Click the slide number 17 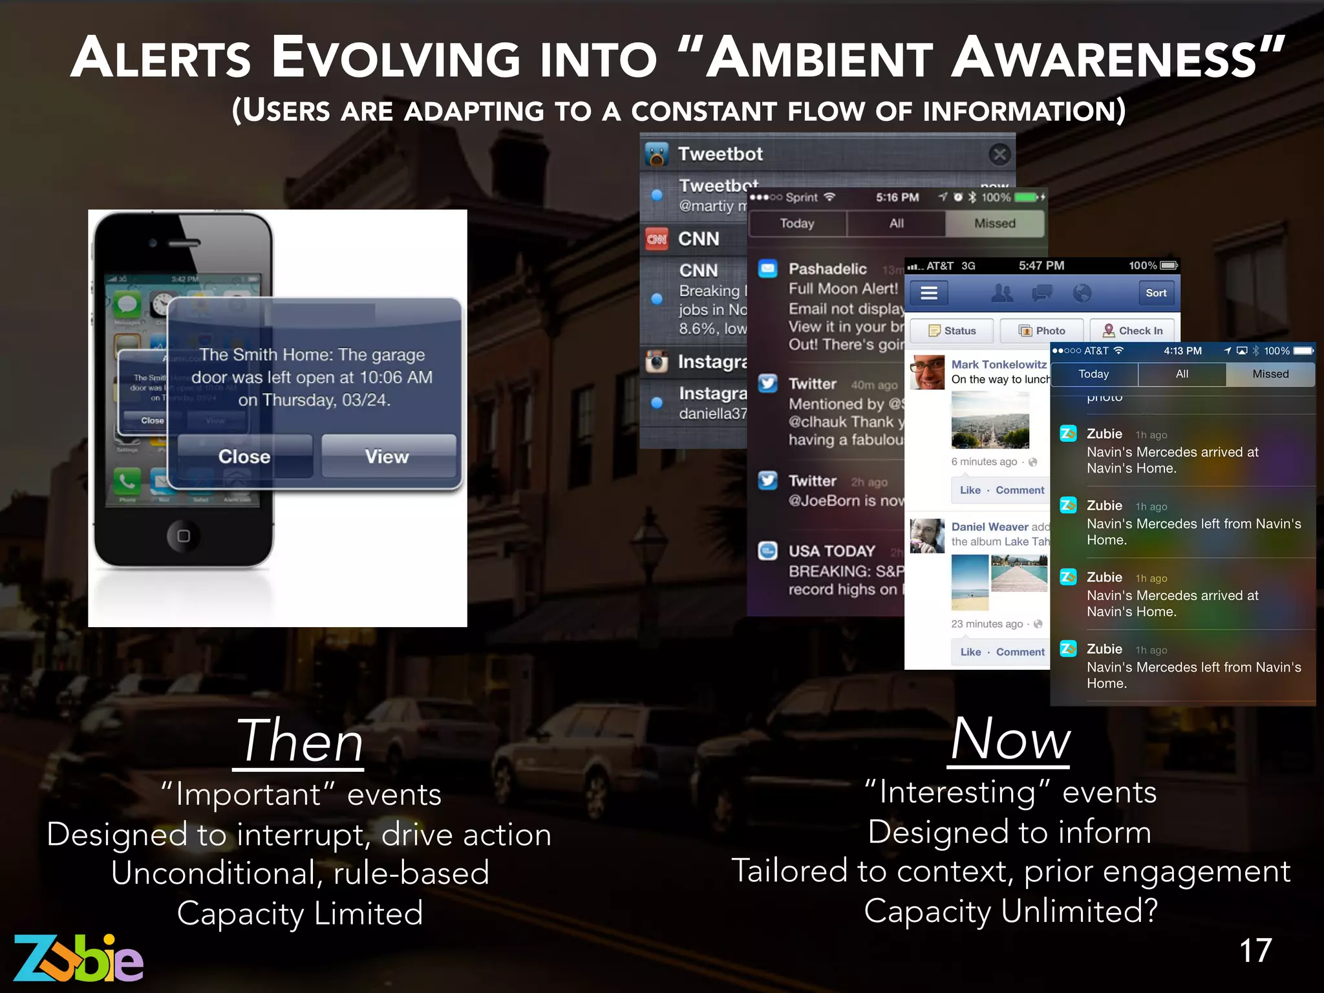coord(1255,950)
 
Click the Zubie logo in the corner coord(78,958)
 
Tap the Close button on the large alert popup coord(244,456)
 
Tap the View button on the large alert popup coord(387,456)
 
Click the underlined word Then coord(299,742)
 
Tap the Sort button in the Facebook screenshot coord(1156,293)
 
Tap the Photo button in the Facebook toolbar coord(1041,330)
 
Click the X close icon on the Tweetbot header coord(999,154)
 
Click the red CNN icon coord(657,239)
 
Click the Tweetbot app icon coord(657,154)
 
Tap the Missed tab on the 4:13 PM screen coord(1270,374)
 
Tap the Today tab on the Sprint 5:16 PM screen coord(796,223)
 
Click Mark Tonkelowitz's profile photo coord(928,372)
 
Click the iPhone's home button coord(184,535)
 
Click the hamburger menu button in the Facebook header coord(929,294)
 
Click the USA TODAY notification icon coord(767,551)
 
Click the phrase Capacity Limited coord(300,913)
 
